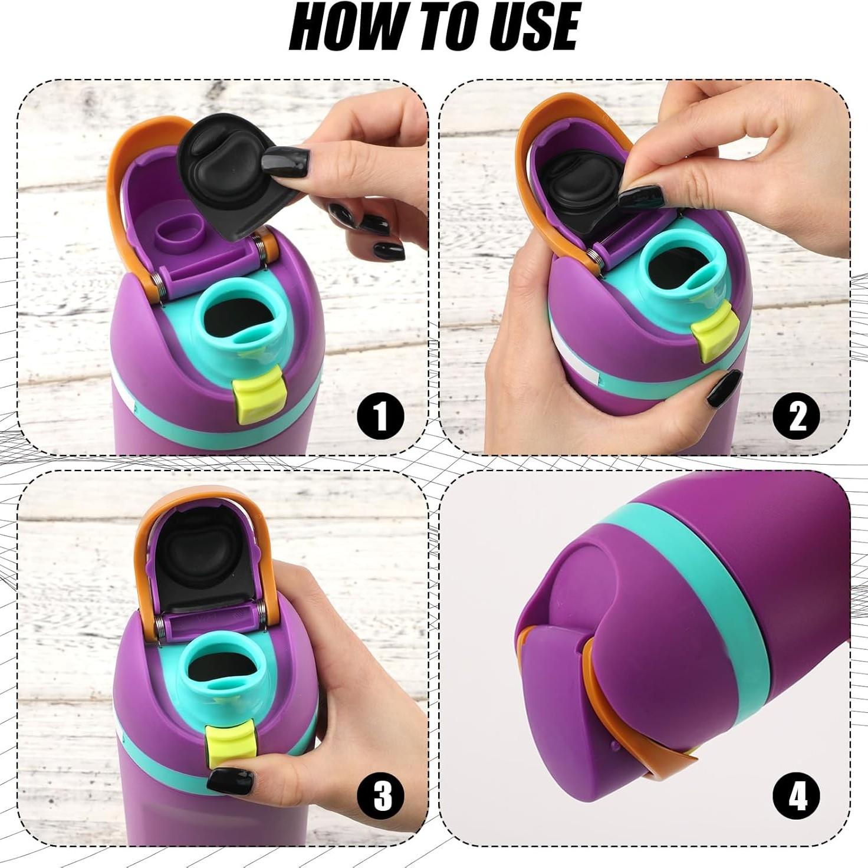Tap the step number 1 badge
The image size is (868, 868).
(x=380, y=417)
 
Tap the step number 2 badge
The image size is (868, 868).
(x=797, y=417)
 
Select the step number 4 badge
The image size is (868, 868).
(x=797, y=797)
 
